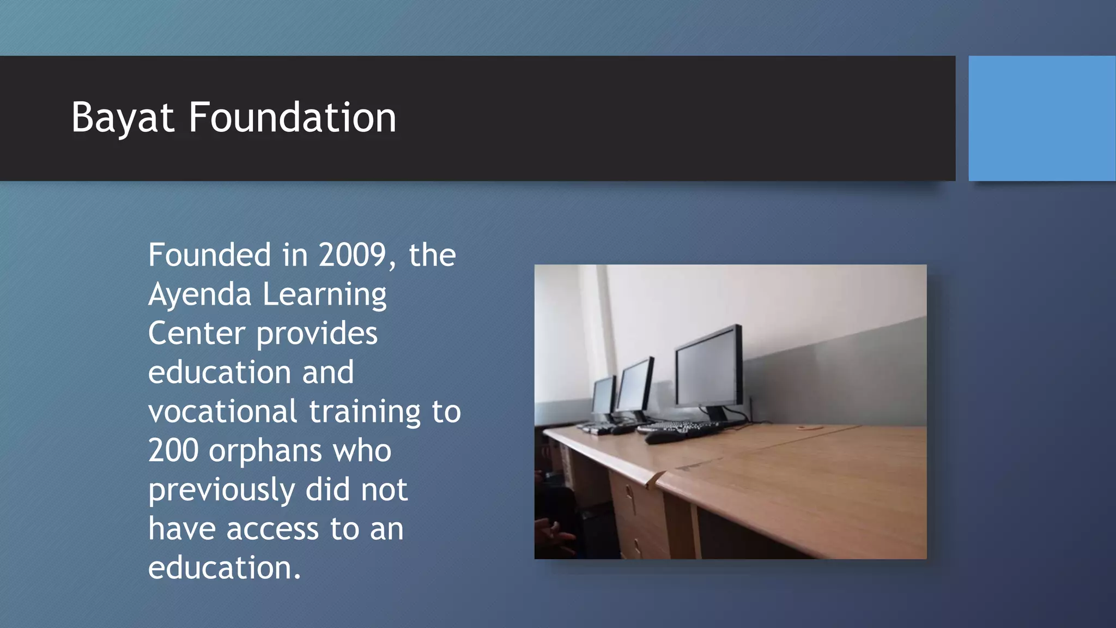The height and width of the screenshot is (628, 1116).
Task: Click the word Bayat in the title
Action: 123,118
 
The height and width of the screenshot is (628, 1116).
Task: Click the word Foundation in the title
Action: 292,118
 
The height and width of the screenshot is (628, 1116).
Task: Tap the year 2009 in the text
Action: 353,255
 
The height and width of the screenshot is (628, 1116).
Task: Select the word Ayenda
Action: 199,294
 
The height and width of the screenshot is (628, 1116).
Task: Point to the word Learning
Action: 325,294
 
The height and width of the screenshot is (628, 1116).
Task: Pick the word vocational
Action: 222,411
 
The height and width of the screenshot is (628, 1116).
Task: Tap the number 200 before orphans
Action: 173,451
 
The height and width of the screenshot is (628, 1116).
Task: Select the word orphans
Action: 265,451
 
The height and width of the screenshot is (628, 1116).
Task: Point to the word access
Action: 272,529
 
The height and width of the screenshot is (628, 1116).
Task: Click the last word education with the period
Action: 224,568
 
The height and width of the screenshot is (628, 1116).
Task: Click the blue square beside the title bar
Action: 1041,118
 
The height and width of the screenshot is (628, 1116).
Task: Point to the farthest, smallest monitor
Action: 603,396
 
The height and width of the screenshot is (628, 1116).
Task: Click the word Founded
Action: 209,255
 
